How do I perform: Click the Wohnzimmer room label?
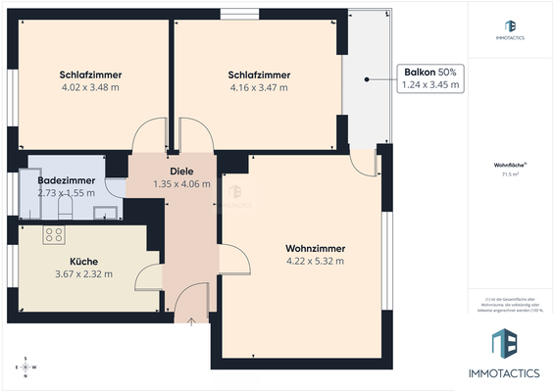315,248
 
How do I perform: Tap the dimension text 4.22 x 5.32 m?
315,262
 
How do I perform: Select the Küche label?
83,262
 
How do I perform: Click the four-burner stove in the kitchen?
54,234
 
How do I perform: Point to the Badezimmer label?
66,180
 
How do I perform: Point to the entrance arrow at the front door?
191,319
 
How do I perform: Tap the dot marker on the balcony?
366,78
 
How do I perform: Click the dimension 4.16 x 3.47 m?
258,87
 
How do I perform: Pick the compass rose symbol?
27,367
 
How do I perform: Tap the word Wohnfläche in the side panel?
509,166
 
